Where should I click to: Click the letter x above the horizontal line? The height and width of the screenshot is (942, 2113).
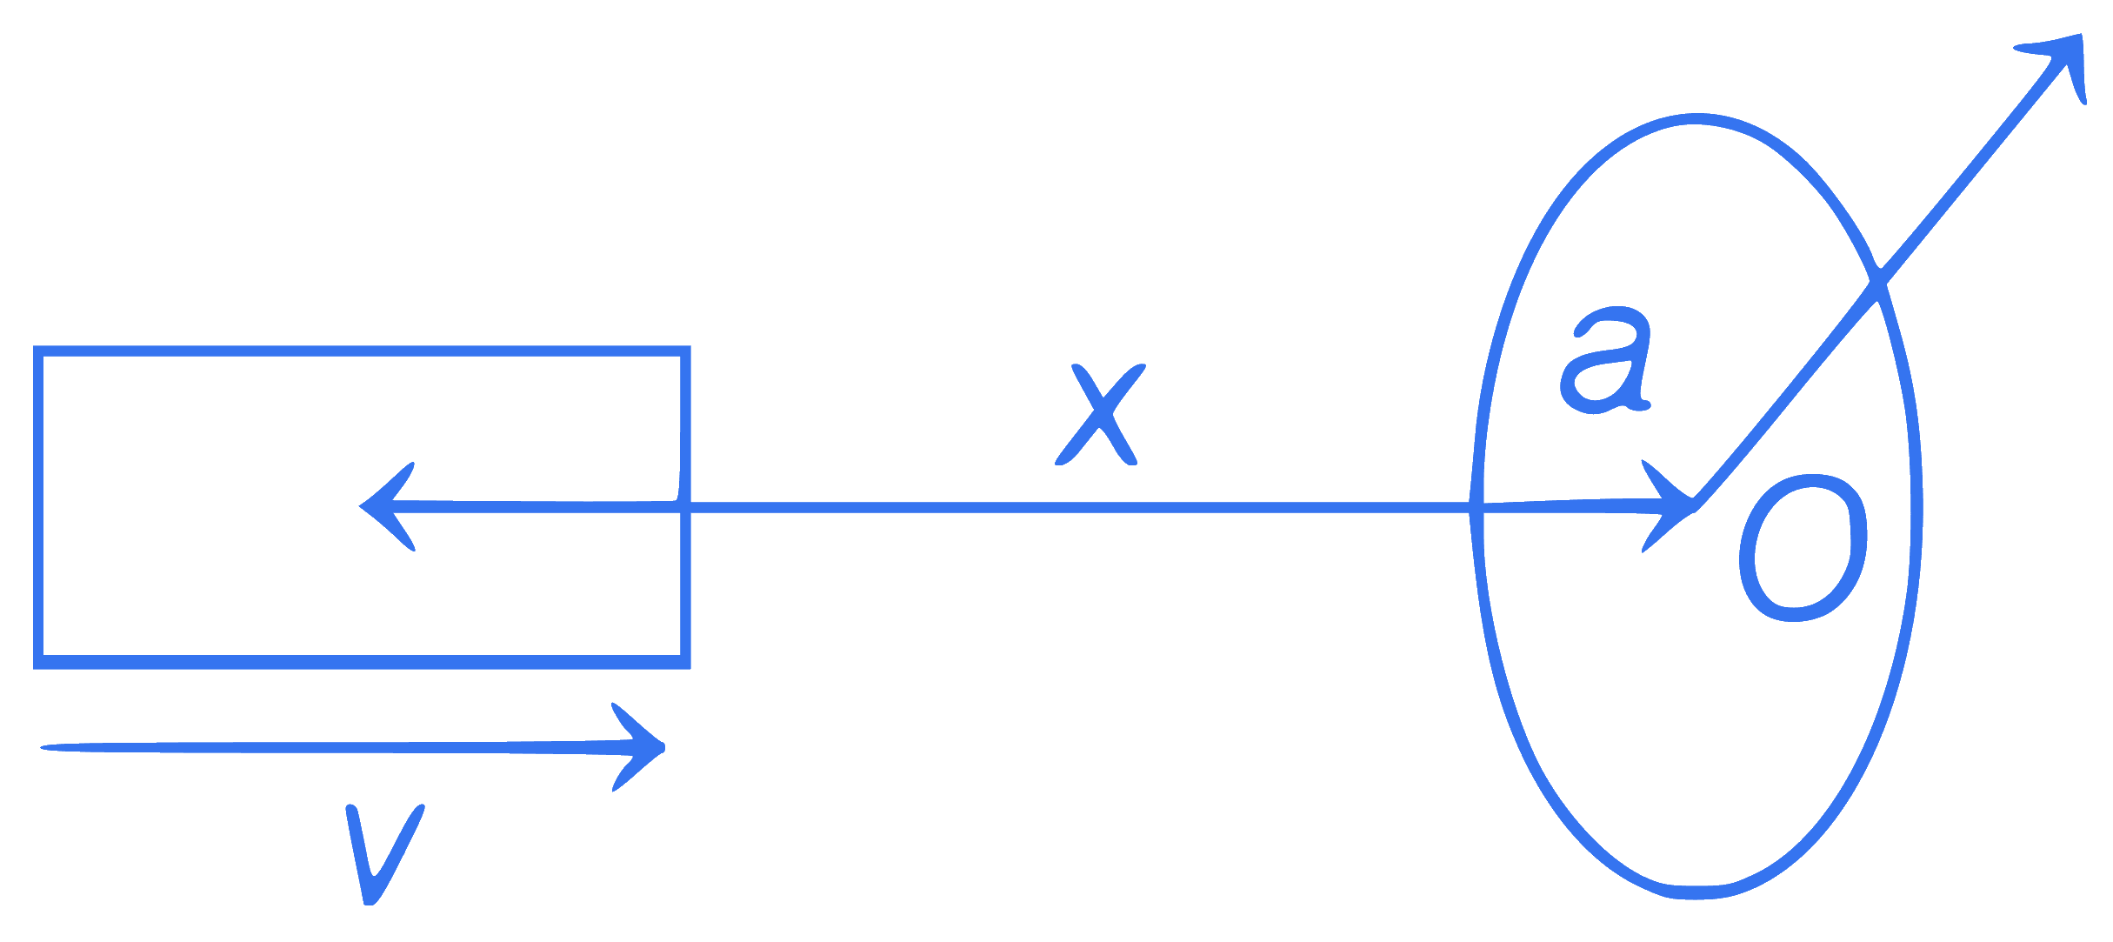pyautogui.click(x=1100, y=415)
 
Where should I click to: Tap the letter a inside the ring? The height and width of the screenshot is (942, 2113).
pyautogui.click(x=1606, y=360)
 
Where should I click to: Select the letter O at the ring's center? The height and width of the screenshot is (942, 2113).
pyautogui.click(x=1803, y=548)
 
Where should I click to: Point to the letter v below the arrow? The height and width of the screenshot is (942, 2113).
pyautogui.click(x=384, y=854)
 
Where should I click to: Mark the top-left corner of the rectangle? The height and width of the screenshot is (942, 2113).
pyautogui.click(x=38, y=351)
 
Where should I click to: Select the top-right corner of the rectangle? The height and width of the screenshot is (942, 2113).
pyautogui.click(x=686, y=351)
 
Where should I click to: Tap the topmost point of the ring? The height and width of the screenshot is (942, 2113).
pyautogui.click(x=1696, y=118)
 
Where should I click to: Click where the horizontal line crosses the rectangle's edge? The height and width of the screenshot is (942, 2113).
pyautogui.click(x=686, y=507)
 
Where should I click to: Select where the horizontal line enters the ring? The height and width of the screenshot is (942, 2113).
pyautogui.click(x=1476, y=507)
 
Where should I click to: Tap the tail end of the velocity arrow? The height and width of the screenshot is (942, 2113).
pyautogui.click(x=42, y=747)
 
